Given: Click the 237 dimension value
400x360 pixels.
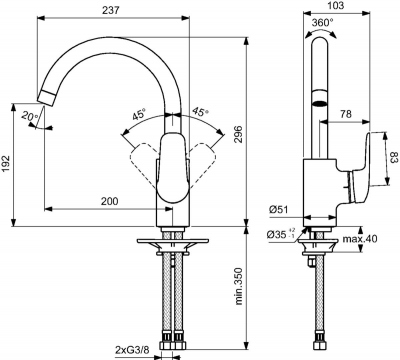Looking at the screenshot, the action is [x=111, y=10].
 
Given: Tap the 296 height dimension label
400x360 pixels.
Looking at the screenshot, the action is [x=238, y=135].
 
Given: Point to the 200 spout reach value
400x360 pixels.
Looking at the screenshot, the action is [x=110, y=201].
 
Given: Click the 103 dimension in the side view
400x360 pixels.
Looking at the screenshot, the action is [x=336, y=6].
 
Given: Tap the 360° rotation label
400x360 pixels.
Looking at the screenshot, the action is [x=323, y=23].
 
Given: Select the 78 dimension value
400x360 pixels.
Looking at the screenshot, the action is [x=346, y=114].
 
